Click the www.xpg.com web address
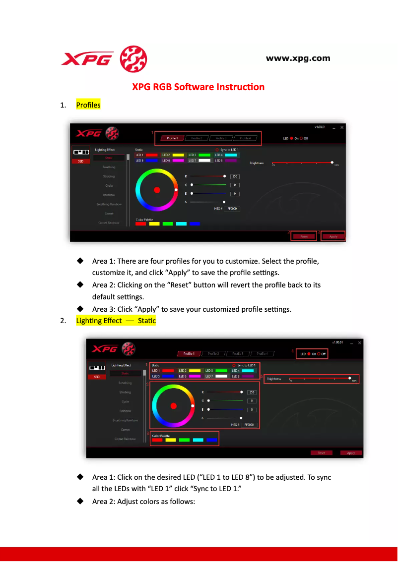pyautogui.click(x=298, y=58)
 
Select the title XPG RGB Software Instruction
pyautogui.click(x=198, y=87)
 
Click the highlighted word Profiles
pyautogui.click(x=88, y=105)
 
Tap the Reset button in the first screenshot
pyautogui.click(x=304, y=236)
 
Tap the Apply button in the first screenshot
pyautogui.click(x=333, y=236)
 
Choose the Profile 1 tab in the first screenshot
pyautogui.click(x=172, y=138)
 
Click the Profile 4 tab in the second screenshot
pyautogui.click(x=262, y=354)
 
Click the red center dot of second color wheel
pyautogui.click(x=173, y=406)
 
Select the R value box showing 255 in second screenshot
pyautogui.click(x=252, y=392)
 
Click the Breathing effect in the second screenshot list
pyautogui.click(x=125, y=383)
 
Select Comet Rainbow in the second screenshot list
pyautogui.click(x=125, y=439)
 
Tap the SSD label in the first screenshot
pyautogui.click(x=80, y=161)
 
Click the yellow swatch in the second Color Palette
pyautogui.click(x=171, y=440)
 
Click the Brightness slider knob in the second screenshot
pyautogui.click(x=350, y=379)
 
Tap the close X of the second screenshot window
pyautogui.click(x=360, y=342)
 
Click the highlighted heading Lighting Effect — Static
pyautogui.click(x=116, y=321)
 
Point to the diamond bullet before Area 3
pyautogui.click(x=79, y=309)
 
